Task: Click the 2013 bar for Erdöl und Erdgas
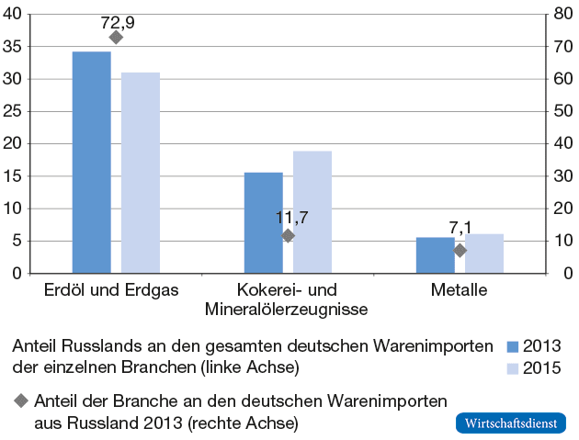click(92, 162)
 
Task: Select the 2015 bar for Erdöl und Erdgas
click(141, 173)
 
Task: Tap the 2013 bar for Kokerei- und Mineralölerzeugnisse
click(264, 222)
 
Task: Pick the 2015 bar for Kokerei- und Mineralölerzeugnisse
click(312, 211)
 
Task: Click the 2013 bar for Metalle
click(436, 254)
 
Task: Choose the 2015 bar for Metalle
click(484, 253)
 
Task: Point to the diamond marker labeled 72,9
click(116, 38)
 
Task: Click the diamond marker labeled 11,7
click(288, 235)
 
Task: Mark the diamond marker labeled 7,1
click(460, 250)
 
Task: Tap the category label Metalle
click(459, 290)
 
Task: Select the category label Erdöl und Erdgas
click(111, 290)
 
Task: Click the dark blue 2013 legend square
click(513, 347)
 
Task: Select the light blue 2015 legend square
click(513, 368)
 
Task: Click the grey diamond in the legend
click(21, 401)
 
